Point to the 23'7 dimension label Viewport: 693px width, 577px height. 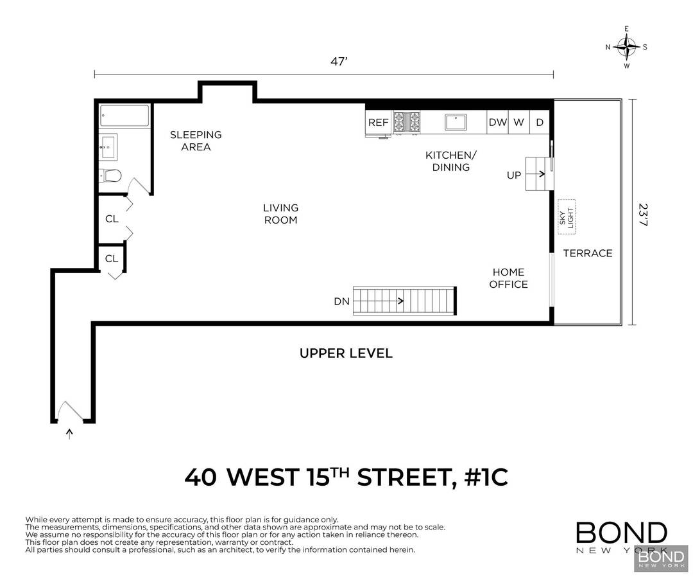coord(643,214)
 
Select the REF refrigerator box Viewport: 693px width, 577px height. coord(378,123)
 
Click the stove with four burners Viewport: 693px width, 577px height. coord(407,123)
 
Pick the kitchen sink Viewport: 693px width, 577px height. coord(458,122)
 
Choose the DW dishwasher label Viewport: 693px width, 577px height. coord(497,122)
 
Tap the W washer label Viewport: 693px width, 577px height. coord(518,122)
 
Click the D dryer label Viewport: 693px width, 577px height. coord(540,122)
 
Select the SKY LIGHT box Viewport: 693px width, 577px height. coord(566,215)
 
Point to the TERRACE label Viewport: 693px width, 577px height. coord(588,253)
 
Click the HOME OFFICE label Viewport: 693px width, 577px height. coord(508,278)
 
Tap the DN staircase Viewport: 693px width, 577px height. coord(405,301)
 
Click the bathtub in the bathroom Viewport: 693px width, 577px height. coord(124,116)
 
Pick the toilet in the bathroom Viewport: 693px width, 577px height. coord(112,175)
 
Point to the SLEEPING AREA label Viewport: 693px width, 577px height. coord(196,141)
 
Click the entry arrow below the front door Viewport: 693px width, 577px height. coord(69,434)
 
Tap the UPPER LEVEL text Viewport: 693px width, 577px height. coord(346,353)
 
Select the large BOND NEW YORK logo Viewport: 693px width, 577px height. coord(620,538)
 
